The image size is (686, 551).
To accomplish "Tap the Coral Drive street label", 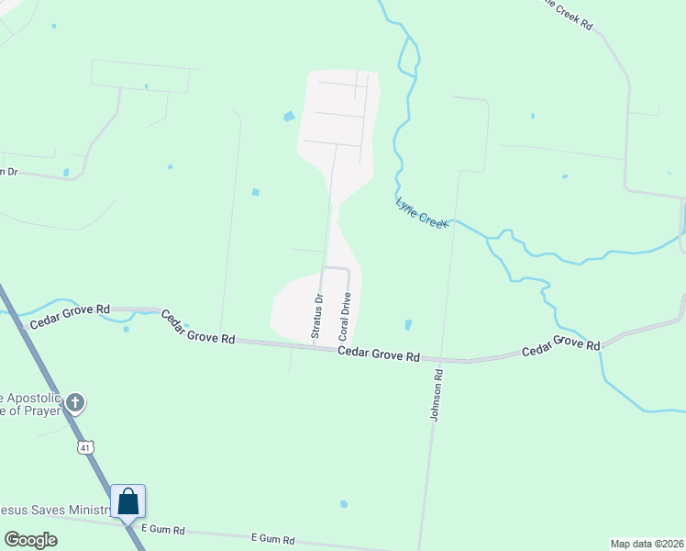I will pyautogui.click(x=347, y=317).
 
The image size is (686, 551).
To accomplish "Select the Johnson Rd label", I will pyautogui.click(x=437, y=395).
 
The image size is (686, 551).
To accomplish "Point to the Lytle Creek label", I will pyautogui.click(x=421, y=213).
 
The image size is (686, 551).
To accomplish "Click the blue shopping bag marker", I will pyautogui.click(x=128, y=502).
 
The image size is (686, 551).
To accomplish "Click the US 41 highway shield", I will pyautogui.click(x=84, y=447).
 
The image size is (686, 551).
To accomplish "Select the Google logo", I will pyautogui.click(x=30, y=540).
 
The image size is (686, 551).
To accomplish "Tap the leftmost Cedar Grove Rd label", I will pyautogui.click(x=70, y=318).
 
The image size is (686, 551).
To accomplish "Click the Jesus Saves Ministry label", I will pyautogui.click(x=55, y=508).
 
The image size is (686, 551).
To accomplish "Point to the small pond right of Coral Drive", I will pyautogui.click(x=408, y=325).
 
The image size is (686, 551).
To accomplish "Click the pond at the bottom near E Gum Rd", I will pyautogui.click(x=344, y=504).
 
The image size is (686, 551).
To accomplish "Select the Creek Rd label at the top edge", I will pyautogui.click(x=569, y=13).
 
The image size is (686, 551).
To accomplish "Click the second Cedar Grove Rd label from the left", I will pyautogui.click(x=198, y=327).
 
